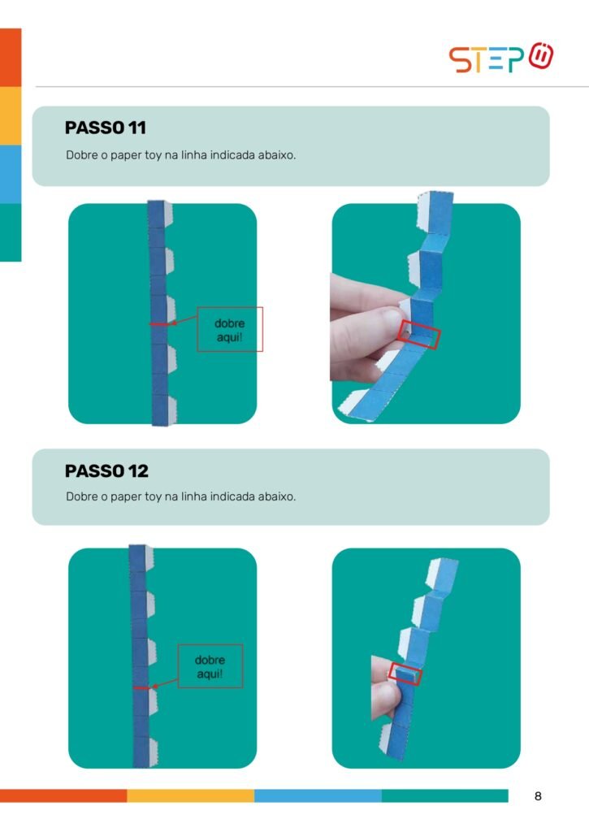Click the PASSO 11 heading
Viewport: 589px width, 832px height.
105,128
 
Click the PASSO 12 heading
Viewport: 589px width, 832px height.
106,470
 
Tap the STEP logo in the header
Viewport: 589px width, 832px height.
501,58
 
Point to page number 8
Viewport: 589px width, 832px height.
538,796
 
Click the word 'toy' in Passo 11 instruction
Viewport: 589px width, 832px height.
153,155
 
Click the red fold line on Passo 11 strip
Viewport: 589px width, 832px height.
158,324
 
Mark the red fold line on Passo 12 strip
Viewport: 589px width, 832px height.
141,688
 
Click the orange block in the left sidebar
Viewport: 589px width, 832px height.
11,58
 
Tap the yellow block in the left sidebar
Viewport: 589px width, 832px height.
11,115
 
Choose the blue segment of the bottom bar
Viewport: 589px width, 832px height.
318,795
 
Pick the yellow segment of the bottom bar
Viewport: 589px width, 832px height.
190,795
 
